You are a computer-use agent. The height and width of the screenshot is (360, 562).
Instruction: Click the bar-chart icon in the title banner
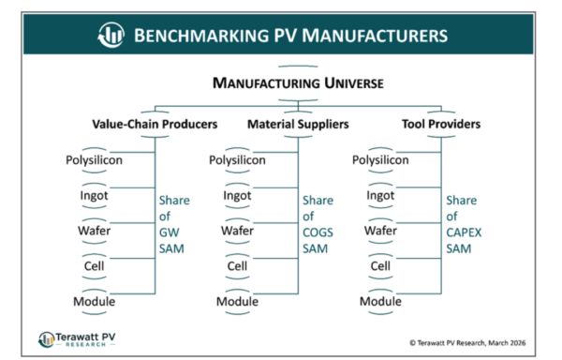[x=111, y=36]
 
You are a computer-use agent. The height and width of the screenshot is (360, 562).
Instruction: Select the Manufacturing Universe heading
[x=298, y=83]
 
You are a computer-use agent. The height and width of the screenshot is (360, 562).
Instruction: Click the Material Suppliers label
[x=298, y=123]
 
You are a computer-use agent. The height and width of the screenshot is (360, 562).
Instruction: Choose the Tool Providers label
[x=440, y=123]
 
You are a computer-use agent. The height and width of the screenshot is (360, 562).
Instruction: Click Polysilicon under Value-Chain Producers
[x=95, y=160]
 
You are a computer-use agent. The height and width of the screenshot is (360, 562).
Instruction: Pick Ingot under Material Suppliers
[x=237, y=195]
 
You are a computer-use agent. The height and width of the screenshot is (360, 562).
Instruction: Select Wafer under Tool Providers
[x=380, y=231]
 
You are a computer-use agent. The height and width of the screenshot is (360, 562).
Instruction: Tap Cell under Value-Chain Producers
[x=95, y=266]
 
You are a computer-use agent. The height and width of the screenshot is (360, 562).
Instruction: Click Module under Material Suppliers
[x=237, y=301]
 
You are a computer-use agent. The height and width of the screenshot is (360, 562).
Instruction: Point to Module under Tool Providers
[x=380, y=301]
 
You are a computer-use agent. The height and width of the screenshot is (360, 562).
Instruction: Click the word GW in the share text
[x=170, y=232]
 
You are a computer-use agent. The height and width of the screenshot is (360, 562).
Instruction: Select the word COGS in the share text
[x=318, y=232]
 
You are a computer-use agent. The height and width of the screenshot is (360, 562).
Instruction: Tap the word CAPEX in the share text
[x=463, y=232]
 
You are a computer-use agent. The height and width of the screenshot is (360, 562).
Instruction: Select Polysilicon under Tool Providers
[x=380, y=160]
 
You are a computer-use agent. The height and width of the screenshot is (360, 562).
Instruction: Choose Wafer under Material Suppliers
[x=237, y=231]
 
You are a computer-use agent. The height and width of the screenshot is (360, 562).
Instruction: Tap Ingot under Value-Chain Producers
[x=95, y=195]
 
